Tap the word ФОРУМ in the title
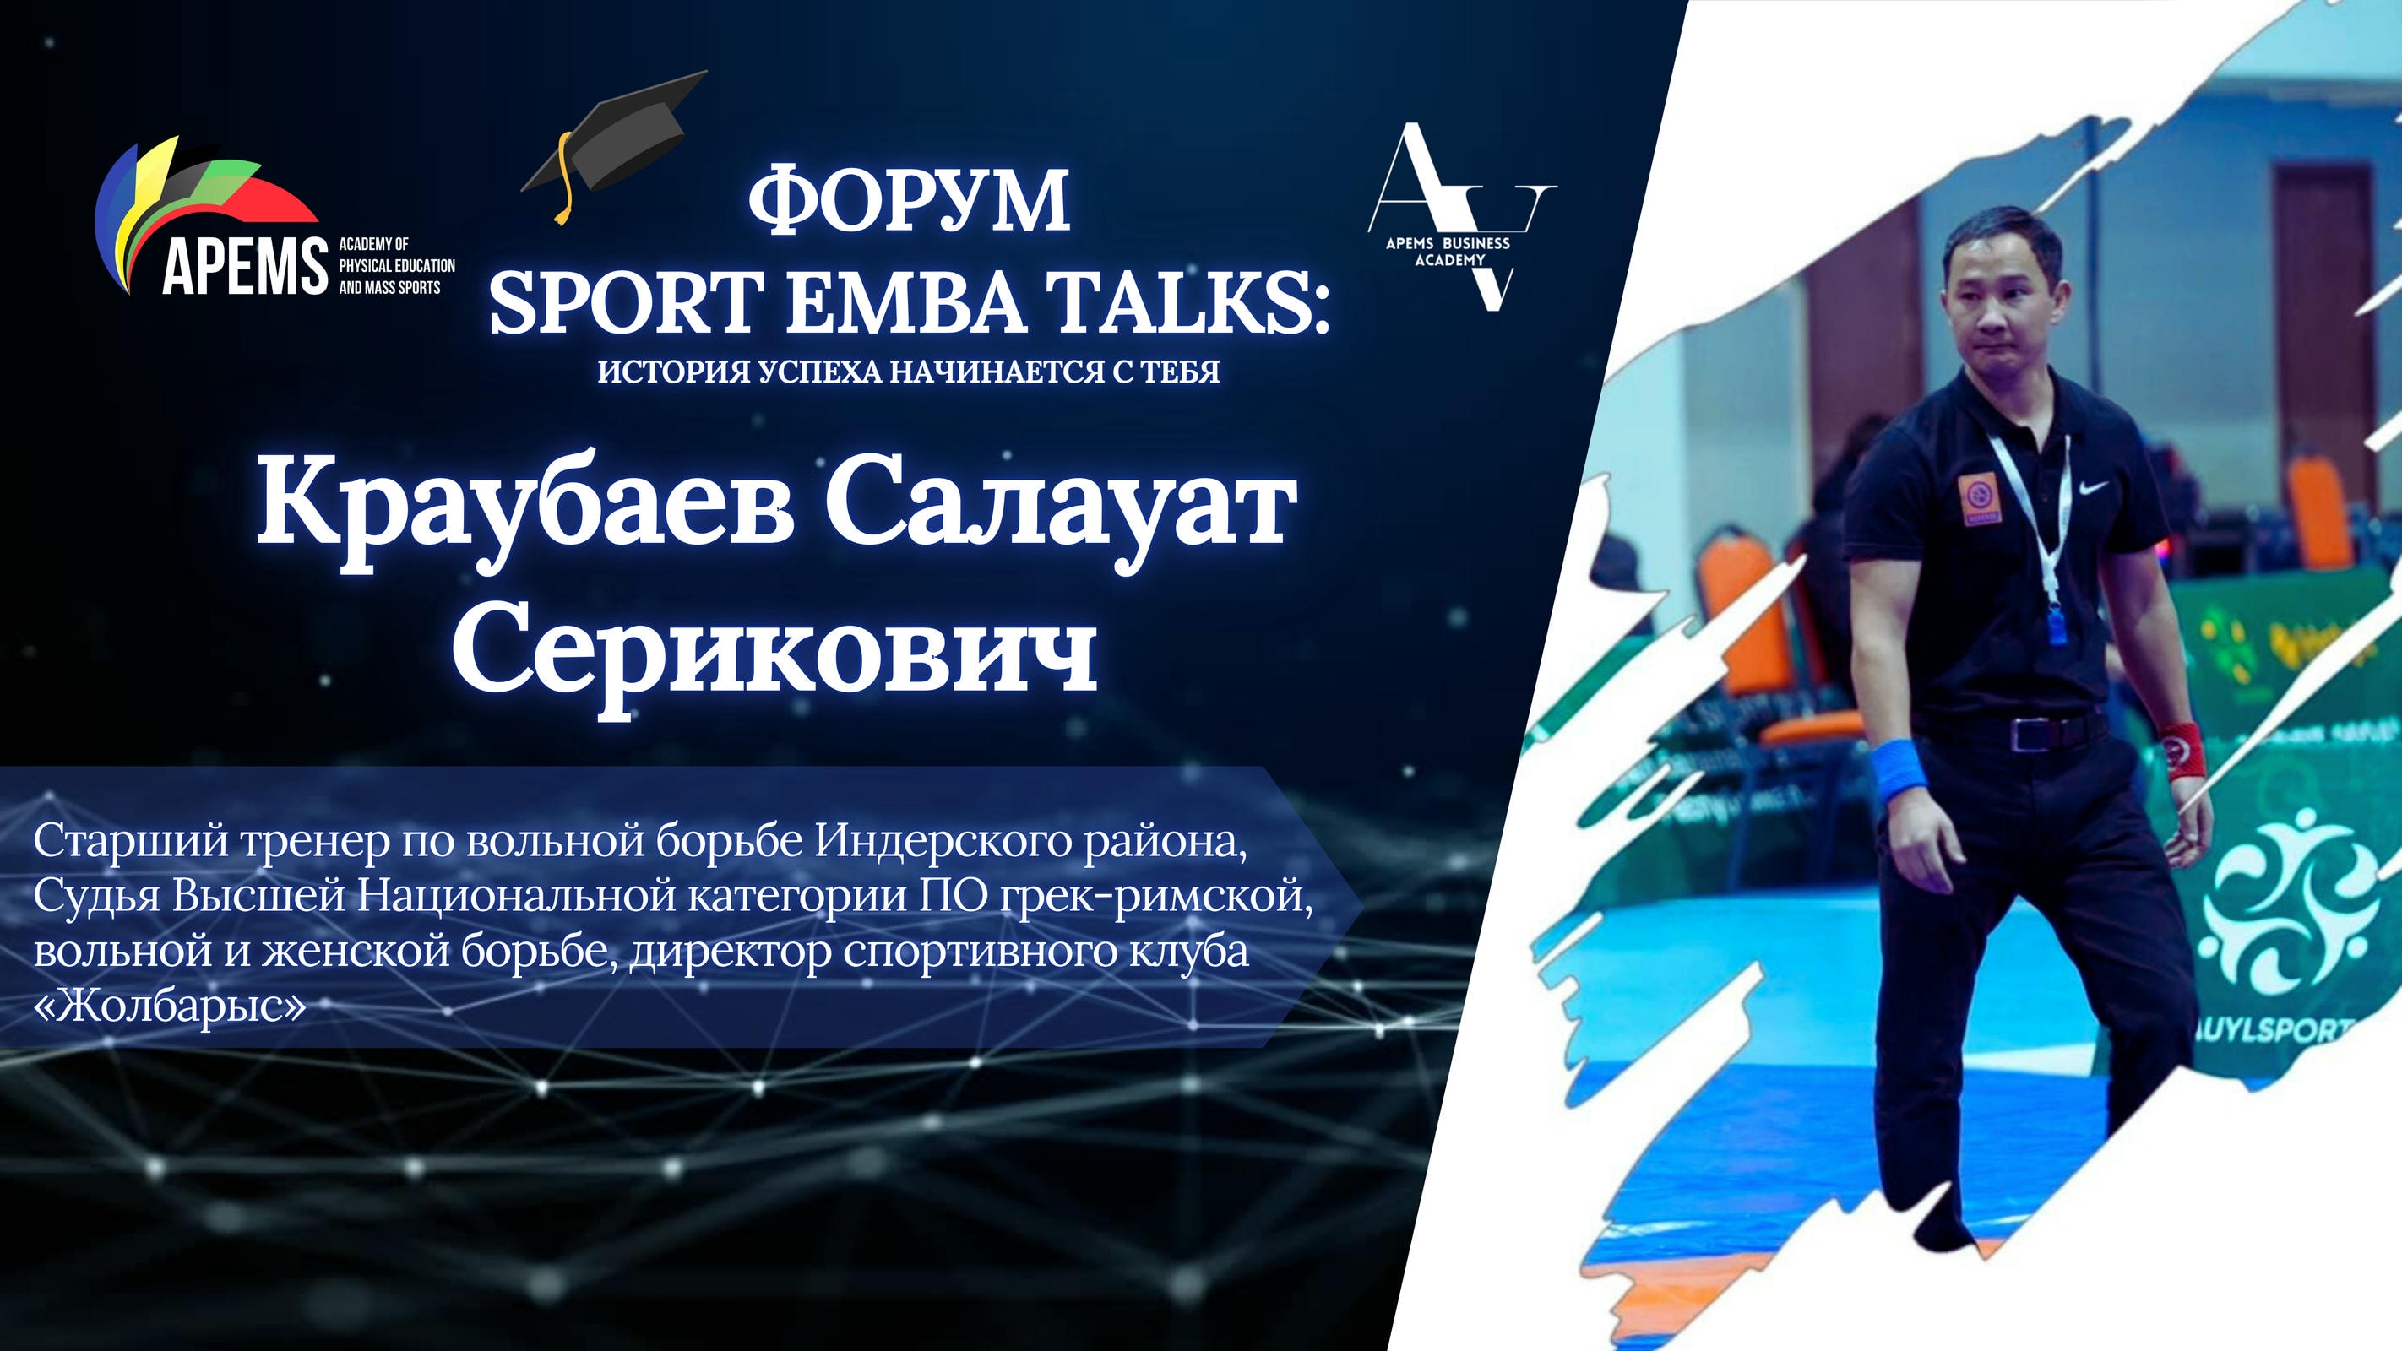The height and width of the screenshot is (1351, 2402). [x=909, y=199]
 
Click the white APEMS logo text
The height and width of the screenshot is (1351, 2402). [x=244, y=265]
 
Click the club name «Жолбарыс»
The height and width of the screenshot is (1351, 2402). [x=170, y=1008]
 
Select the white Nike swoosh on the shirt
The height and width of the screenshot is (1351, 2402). [x=2112, y=486]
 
